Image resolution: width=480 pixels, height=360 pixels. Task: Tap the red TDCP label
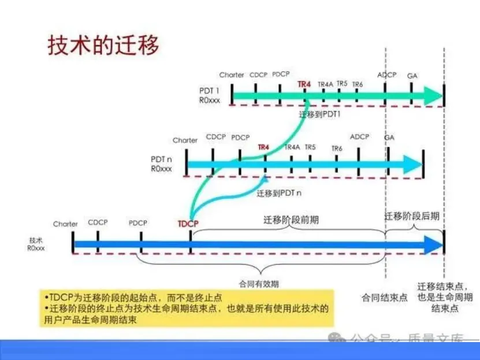188,224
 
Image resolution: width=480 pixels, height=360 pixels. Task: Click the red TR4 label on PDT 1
304,84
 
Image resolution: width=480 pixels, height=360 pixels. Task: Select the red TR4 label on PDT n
263,147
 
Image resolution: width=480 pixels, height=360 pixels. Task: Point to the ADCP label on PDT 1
386,75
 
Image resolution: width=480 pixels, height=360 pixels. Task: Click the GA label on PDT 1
412,76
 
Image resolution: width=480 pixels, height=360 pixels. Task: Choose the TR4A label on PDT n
292,147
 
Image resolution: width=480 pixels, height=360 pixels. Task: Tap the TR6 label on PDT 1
358,85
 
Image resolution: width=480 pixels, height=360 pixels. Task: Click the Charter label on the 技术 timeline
65,224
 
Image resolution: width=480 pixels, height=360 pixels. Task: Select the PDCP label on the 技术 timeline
138,223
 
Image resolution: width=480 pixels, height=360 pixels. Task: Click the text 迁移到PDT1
320,114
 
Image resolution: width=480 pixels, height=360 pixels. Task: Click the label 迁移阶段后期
412,216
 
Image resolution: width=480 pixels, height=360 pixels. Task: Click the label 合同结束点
385,298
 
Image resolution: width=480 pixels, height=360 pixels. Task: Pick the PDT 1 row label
209,95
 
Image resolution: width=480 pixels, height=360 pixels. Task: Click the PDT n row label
162,164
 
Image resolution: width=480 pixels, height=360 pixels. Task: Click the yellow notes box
187,308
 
